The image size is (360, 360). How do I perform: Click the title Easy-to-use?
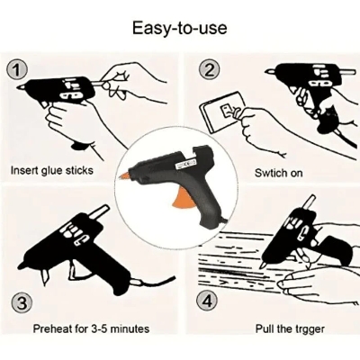click(x=179, y=28)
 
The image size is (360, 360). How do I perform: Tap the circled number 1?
click(x=17, y=70)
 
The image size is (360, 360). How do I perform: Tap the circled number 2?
click(x=209, y=70)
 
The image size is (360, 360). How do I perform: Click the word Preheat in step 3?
click(x=52, y=328)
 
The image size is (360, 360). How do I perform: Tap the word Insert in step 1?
click(x=24, y=170)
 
